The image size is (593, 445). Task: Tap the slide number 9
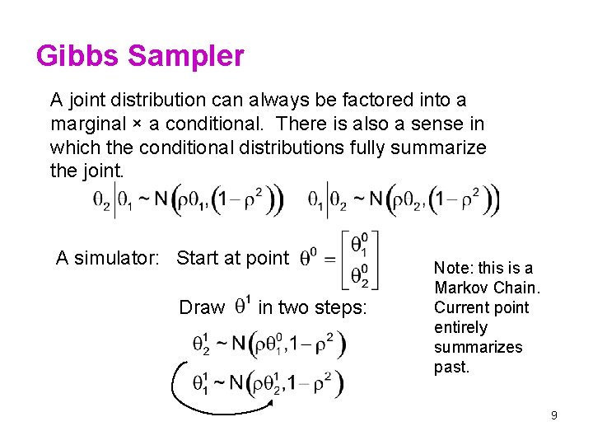(554, 415)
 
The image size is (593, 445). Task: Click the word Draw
(202, 307)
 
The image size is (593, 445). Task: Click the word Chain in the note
(516, 288)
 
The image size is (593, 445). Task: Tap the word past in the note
(451, 367)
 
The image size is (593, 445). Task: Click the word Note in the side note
(452, 268)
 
